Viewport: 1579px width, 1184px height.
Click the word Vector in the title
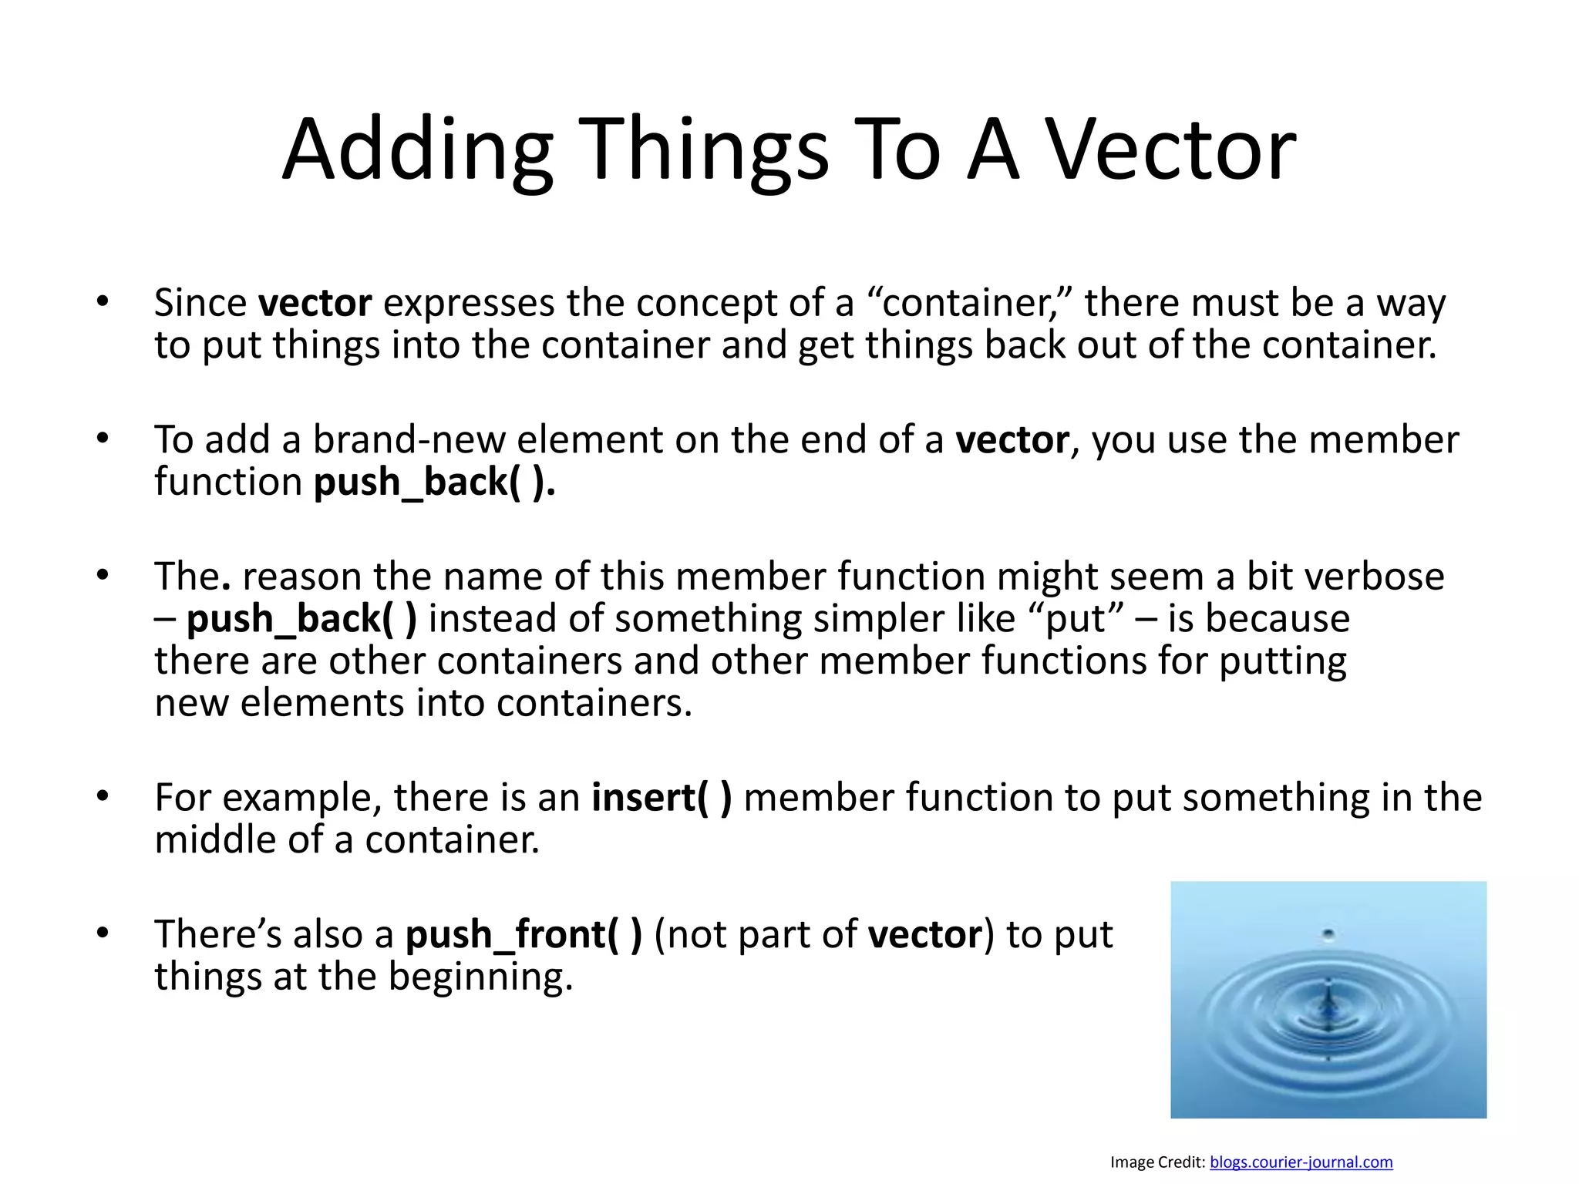tap(1170, 150)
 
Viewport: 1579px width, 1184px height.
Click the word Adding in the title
tap(417, 150)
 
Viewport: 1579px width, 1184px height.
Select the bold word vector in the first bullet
tap(315, 303)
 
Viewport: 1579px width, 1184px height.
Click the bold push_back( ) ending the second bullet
tap(434, 483)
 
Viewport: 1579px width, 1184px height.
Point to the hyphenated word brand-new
tap(409, 440)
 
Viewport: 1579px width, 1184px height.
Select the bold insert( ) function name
tap(662, 798)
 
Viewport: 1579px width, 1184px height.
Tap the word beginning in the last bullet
tap(480, 977)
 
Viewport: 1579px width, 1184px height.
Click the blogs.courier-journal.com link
tap(1301, 1162)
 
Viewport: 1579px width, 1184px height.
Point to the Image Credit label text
tap(1157, 1162)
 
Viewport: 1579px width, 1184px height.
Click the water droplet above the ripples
tap(1328, 935)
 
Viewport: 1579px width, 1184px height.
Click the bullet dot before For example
tap(103, 796)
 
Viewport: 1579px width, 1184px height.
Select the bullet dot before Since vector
tap(103, 301)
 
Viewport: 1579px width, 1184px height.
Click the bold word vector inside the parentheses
tap(924, 935)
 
